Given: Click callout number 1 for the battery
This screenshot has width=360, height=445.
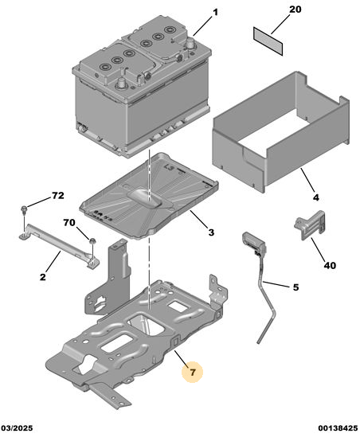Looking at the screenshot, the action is pos(216,13).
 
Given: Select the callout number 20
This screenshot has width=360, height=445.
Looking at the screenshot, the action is pos(295,10).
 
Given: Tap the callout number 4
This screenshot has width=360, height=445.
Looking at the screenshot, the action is pos(316,197).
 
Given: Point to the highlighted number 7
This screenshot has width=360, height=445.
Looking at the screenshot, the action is pos(193,372).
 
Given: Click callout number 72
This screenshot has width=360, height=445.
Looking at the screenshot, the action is pos(58,196).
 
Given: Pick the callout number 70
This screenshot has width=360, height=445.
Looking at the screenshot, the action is pos(69,223).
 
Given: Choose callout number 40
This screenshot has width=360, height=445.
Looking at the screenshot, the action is pos(330,266).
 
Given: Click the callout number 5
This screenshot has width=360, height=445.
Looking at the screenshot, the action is pos(295,287).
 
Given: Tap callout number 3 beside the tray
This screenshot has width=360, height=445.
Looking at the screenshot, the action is pos(211,232).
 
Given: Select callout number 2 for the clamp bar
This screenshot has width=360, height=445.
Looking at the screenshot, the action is pos(42,277).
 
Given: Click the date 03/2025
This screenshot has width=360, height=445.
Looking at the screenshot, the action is pos(17,427).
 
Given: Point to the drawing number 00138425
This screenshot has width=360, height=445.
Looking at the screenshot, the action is pos(338,427).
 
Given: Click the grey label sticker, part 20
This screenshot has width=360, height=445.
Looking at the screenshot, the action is pos(268,41).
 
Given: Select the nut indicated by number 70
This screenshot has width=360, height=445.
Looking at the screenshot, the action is pos(92,241).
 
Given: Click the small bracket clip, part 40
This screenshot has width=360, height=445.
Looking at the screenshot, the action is pos(310,225).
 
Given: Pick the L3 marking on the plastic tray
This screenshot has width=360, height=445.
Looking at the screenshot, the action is pos(169,168).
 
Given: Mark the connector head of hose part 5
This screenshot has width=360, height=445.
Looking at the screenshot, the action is pos(253,242).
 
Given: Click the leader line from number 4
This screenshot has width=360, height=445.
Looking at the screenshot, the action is pos(307,180).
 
